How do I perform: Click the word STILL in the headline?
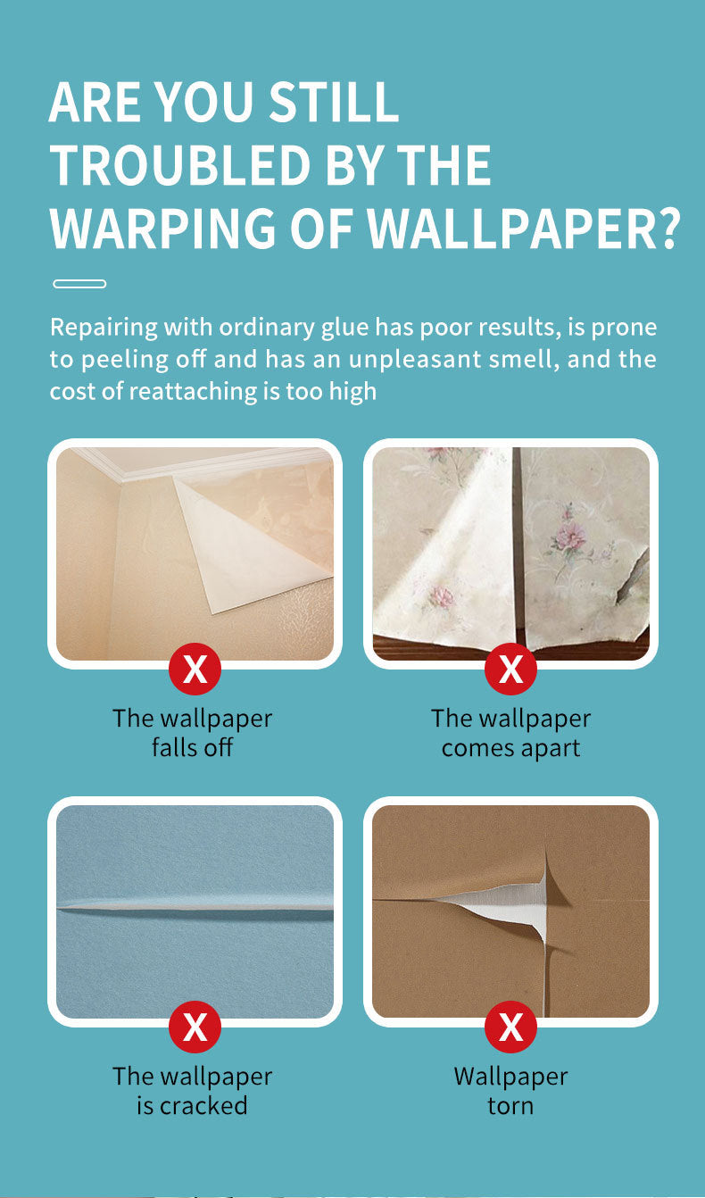click(334, 102)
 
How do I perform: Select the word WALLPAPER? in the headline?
click(524, 229)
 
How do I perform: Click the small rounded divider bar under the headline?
click(79, 284)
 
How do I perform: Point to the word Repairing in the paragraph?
click(104, 328)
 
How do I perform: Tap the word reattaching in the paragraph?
click(193, 392)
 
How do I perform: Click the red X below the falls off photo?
click(195, 669)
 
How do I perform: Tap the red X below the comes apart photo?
click(510, 669)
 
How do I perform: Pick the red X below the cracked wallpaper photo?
click(195, 1027)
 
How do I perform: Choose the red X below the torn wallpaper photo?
click(510, 1027)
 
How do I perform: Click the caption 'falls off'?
click(193, 748)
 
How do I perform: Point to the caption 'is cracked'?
click(193, 1106)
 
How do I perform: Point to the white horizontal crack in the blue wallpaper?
click(195, 906)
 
